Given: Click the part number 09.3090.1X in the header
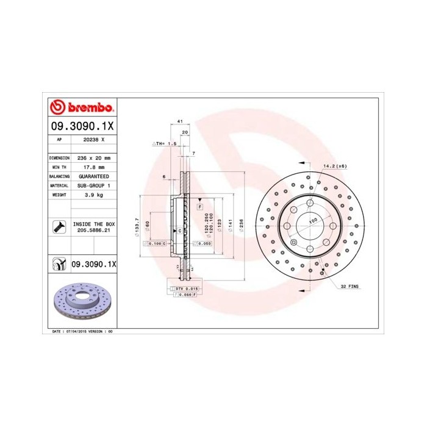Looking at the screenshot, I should pyautogui.click(x=81, y=127).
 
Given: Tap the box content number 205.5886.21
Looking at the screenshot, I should pyautogui.click(x=93, y=231).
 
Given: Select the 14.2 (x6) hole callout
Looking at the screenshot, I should pyautogui.click(x=335, y=166).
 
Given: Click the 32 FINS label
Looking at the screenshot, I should pyautogui.click(x=351, y=286).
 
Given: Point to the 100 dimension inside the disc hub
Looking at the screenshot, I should pyautogui.click(x=313, y=221).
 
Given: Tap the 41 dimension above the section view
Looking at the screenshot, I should pyautogui.click(x=180, y=122).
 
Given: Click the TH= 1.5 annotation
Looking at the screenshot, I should pyautogui.click(x=164, y=144).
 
